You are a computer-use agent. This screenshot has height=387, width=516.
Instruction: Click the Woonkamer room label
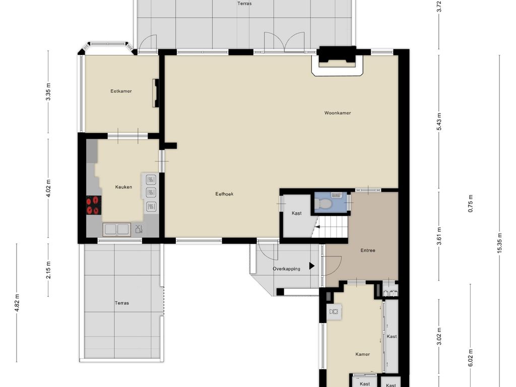(337, 113)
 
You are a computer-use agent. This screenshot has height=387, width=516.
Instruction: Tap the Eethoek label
(224, 194)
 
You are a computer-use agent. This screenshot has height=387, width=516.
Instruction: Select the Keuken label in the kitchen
(123, 187)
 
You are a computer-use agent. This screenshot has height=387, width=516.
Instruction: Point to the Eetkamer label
(121, 91)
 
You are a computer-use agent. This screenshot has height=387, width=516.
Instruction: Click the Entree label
(367, 250)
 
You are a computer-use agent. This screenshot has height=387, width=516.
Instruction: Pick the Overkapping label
(286, 269)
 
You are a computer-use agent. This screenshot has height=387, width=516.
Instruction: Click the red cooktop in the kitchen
(94, 205)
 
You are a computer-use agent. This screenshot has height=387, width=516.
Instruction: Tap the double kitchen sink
(116, 230)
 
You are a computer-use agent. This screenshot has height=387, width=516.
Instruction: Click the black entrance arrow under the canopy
(311, 266)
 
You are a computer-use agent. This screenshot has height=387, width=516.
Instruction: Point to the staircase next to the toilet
(331, 226)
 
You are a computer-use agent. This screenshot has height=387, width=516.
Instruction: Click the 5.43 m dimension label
(439, 121)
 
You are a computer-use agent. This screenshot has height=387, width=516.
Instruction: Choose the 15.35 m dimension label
(499, 243)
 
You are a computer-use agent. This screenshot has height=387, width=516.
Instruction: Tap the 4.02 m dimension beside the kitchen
(48, 188)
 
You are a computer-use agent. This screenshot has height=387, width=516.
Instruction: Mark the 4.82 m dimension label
(17, 302)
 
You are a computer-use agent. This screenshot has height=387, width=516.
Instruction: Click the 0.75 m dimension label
(471, 204)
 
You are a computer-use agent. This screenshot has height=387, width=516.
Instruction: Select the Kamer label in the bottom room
(362, 354)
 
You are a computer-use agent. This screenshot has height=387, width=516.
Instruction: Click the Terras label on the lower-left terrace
(122, 303)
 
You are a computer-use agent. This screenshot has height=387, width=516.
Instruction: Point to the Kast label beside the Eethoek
(296, 213)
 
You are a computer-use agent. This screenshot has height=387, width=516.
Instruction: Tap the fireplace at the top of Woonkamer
(337, 61)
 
